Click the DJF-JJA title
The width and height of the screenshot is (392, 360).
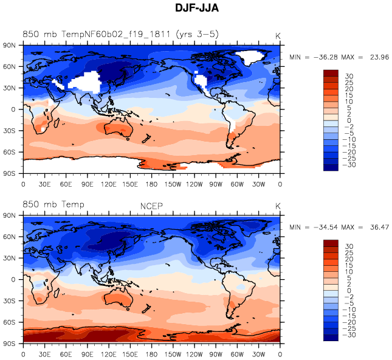pos(197,8)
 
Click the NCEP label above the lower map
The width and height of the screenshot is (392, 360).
pos(151,206)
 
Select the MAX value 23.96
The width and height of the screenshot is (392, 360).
pos(379,57)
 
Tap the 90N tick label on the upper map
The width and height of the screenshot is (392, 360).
pos(9,45)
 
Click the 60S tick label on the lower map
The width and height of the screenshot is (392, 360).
pos(9,322)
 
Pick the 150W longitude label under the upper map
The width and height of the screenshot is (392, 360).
pos(173,184)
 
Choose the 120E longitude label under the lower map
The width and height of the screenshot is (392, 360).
pos(109,355)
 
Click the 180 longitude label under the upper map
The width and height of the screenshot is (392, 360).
pos(151,184)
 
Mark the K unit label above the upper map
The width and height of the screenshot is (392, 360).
pos(278,36)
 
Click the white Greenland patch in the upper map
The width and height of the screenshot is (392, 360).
pos(250,57)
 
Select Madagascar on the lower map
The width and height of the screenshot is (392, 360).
pos(57,292)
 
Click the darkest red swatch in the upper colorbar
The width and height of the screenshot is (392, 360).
pos(331,73)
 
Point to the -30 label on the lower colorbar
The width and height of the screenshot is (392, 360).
pos(349,334)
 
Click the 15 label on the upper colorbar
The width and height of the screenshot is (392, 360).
pos(349,95)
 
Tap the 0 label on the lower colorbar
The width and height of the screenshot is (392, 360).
pos(349,291)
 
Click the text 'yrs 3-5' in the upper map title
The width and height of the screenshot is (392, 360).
pos(198,34)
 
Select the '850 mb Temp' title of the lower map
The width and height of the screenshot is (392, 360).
pos(53,204)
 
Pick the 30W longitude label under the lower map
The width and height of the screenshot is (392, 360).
pos(258,355)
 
